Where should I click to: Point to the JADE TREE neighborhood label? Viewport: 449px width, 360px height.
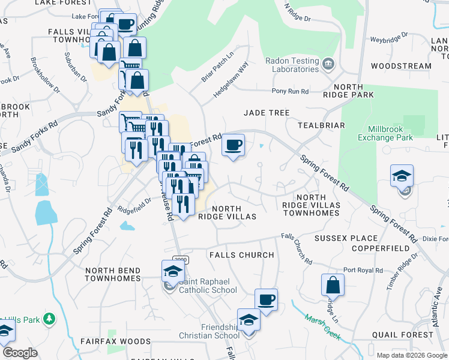267,113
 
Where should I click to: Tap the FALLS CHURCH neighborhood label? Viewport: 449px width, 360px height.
241,255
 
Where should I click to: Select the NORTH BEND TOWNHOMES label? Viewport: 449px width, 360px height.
112,274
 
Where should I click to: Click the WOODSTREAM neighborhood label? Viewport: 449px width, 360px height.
401,66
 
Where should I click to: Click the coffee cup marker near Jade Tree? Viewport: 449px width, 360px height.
233,146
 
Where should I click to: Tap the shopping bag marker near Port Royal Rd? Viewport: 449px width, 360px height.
333,286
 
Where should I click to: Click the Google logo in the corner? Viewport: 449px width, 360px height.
20,353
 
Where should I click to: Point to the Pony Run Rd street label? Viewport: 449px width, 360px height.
290,91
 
